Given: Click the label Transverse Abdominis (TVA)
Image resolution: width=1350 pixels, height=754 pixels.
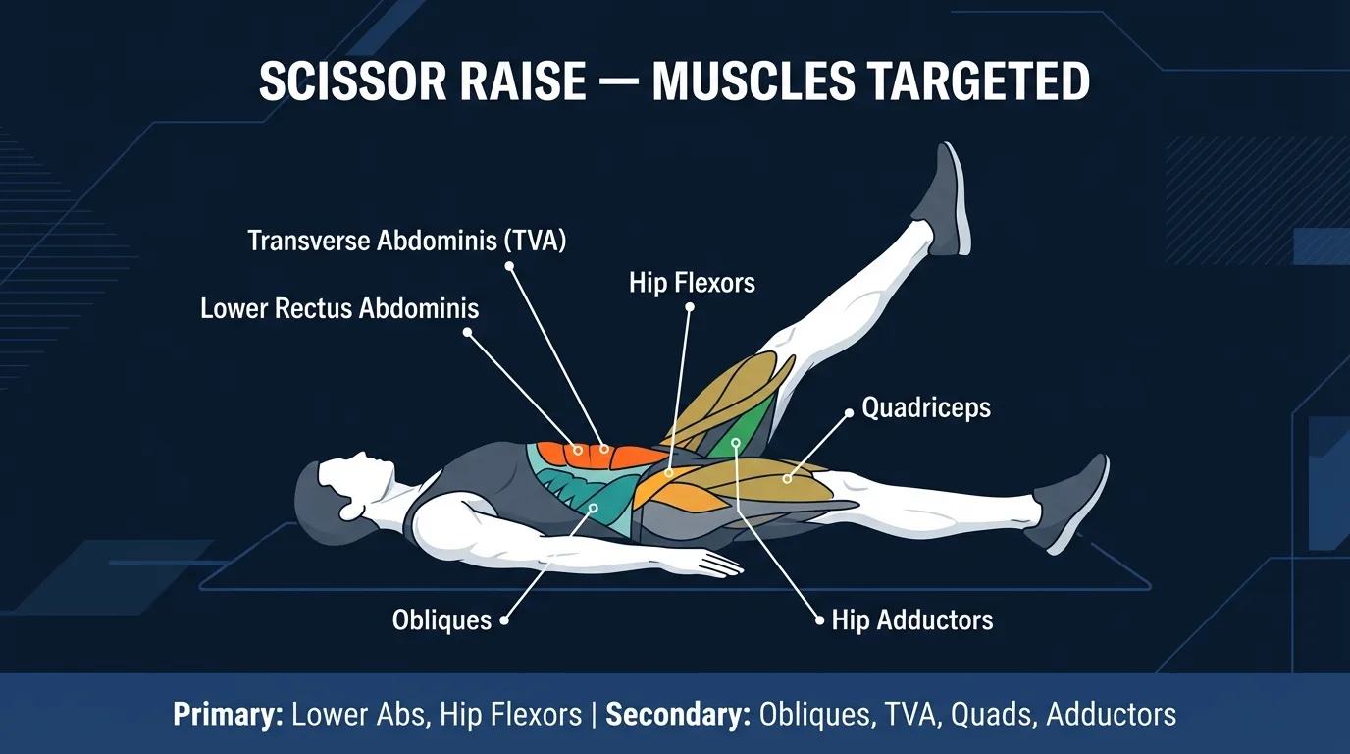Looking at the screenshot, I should point(407,241).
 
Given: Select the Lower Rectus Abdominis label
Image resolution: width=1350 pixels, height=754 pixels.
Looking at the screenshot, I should point(339,308).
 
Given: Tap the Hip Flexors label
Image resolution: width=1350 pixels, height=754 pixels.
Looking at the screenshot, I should point(692,284).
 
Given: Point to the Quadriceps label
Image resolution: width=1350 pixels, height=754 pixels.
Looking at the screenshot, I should point(926,407).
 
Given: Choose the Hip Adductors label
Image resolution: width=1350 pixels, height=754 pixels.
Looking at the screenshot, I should point(912,619).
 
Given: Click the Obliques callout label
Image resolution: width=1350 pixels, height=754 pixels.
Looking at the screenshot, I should point(441,620).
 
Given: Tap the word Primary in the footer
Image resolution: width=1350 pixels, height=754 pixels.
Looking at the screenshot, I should point(229,714).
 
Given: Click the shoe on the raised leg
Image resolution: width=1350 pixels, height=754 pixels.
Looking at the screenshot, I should point(941,199).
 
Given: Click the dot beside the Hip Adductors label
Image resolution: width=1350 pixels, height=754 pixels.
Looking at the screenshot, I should point(820,620).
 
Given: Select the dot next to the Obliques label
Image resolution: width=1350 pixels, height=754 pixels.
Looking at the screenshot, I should point(504,620).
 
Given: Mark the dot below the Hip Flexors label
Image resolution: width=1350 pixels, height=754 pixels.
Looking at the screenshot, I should point(690,307).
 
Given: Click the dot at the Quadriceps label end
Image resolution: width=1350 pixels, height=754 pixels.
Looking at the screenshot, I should point(849,412).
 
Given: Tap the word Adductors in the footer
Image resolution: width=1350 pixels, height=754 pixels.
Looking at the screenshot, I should point(1111,714).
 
